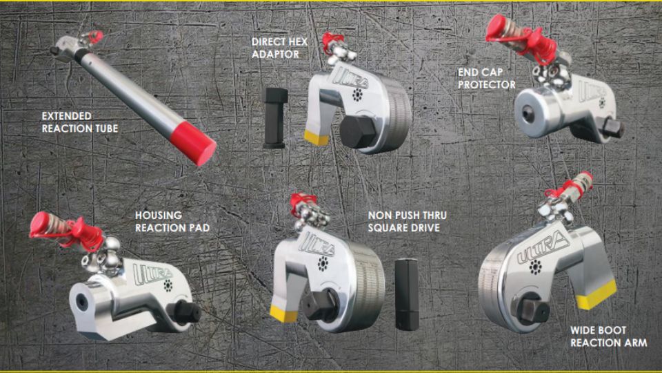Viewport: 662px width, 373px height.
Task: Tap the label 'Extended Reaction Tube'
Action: pos(80,122)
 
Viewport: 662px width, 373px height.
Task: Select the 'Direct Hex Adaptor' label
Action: pos(279,48)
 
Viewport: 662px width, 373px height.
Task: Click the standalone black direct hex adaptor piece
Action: pos(274,118)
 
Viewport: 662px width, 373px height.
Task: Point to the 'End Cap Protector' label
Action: pos(486,79)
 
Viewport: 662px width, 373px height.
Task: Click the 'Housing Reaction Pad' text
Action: pos(172,221)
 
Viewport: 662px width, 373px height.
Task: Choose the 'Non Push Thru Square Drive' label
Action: pos(407,221)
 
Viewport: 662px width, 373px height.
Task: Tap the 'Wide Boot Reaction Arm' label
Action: pos(608,336)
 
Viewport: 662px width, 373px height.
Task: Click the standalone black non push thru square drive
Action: pos(407,294)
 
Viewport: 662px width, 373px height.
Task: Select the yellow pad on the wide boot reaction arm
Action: pos(596,295)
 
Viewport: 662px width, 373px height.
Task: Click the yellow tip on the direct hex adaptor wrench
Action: pos(317,138)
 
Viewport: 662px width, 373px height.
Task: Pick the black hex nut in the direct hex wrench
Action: pos(357,132)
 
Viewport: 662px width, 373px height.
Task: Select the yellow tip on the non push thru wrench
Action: pos(283,314)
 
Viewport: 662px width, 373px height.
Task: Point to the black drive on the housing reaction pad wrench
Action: pos(185,312)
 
